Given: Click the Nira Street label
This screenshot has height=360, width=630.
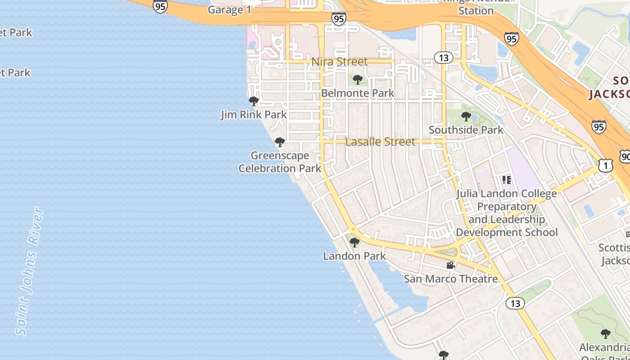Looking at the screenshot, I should click(x=340, y=62).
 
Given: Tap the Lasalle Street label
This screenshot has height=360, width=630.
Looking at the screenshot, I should click(x=380, y=142).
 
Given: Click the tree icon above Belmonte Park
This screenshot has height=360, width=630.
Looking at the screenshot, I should click(x=358, y=80).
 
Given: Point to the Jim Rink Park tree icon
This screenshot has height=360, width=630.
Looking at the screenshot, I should click(x=254, y=101).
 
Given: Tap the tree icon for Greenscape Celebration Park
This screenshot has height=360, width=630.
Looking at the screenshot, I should click(x=280, y=143).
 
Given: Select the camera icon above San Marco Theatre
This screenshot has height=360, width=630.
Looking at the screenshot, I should click(x=450, y=265).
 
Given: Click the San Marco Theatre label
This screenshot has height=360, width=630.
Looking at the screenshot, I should click(x=450, y=279).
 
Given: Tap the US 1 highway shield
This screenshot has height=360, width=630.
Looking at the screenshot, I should click(x=606, y=166).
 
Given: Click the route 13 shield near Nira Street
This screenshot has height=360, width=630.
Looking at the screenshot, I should click(x=444, y=57).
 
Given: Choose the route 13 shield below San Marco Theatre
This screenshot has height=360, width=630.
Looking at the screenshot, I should click(x=515, y=303).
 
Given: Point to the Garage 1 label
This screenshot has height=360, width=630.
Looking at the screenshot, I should click(x=229, y=10).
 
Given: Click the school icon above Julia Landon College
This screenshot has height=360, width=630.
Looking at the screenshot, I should click(x=507, y=180).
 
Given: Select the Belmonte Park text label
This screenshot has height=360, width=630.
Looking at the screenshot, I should click(x=358, y=93).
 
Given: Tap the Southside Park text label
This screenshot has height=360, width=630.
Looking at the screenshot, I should click(x=466, y=130).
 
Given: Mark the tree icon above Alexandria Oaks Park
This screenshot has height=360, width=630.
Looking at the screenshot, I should click(x=606, y=334).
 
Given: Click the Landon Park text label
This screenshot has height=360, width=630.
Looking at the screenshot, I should click(x=355, y=256).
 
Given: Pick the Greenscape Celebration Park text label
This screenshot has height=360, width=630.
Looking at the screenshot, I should click(x=280, y=162).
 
